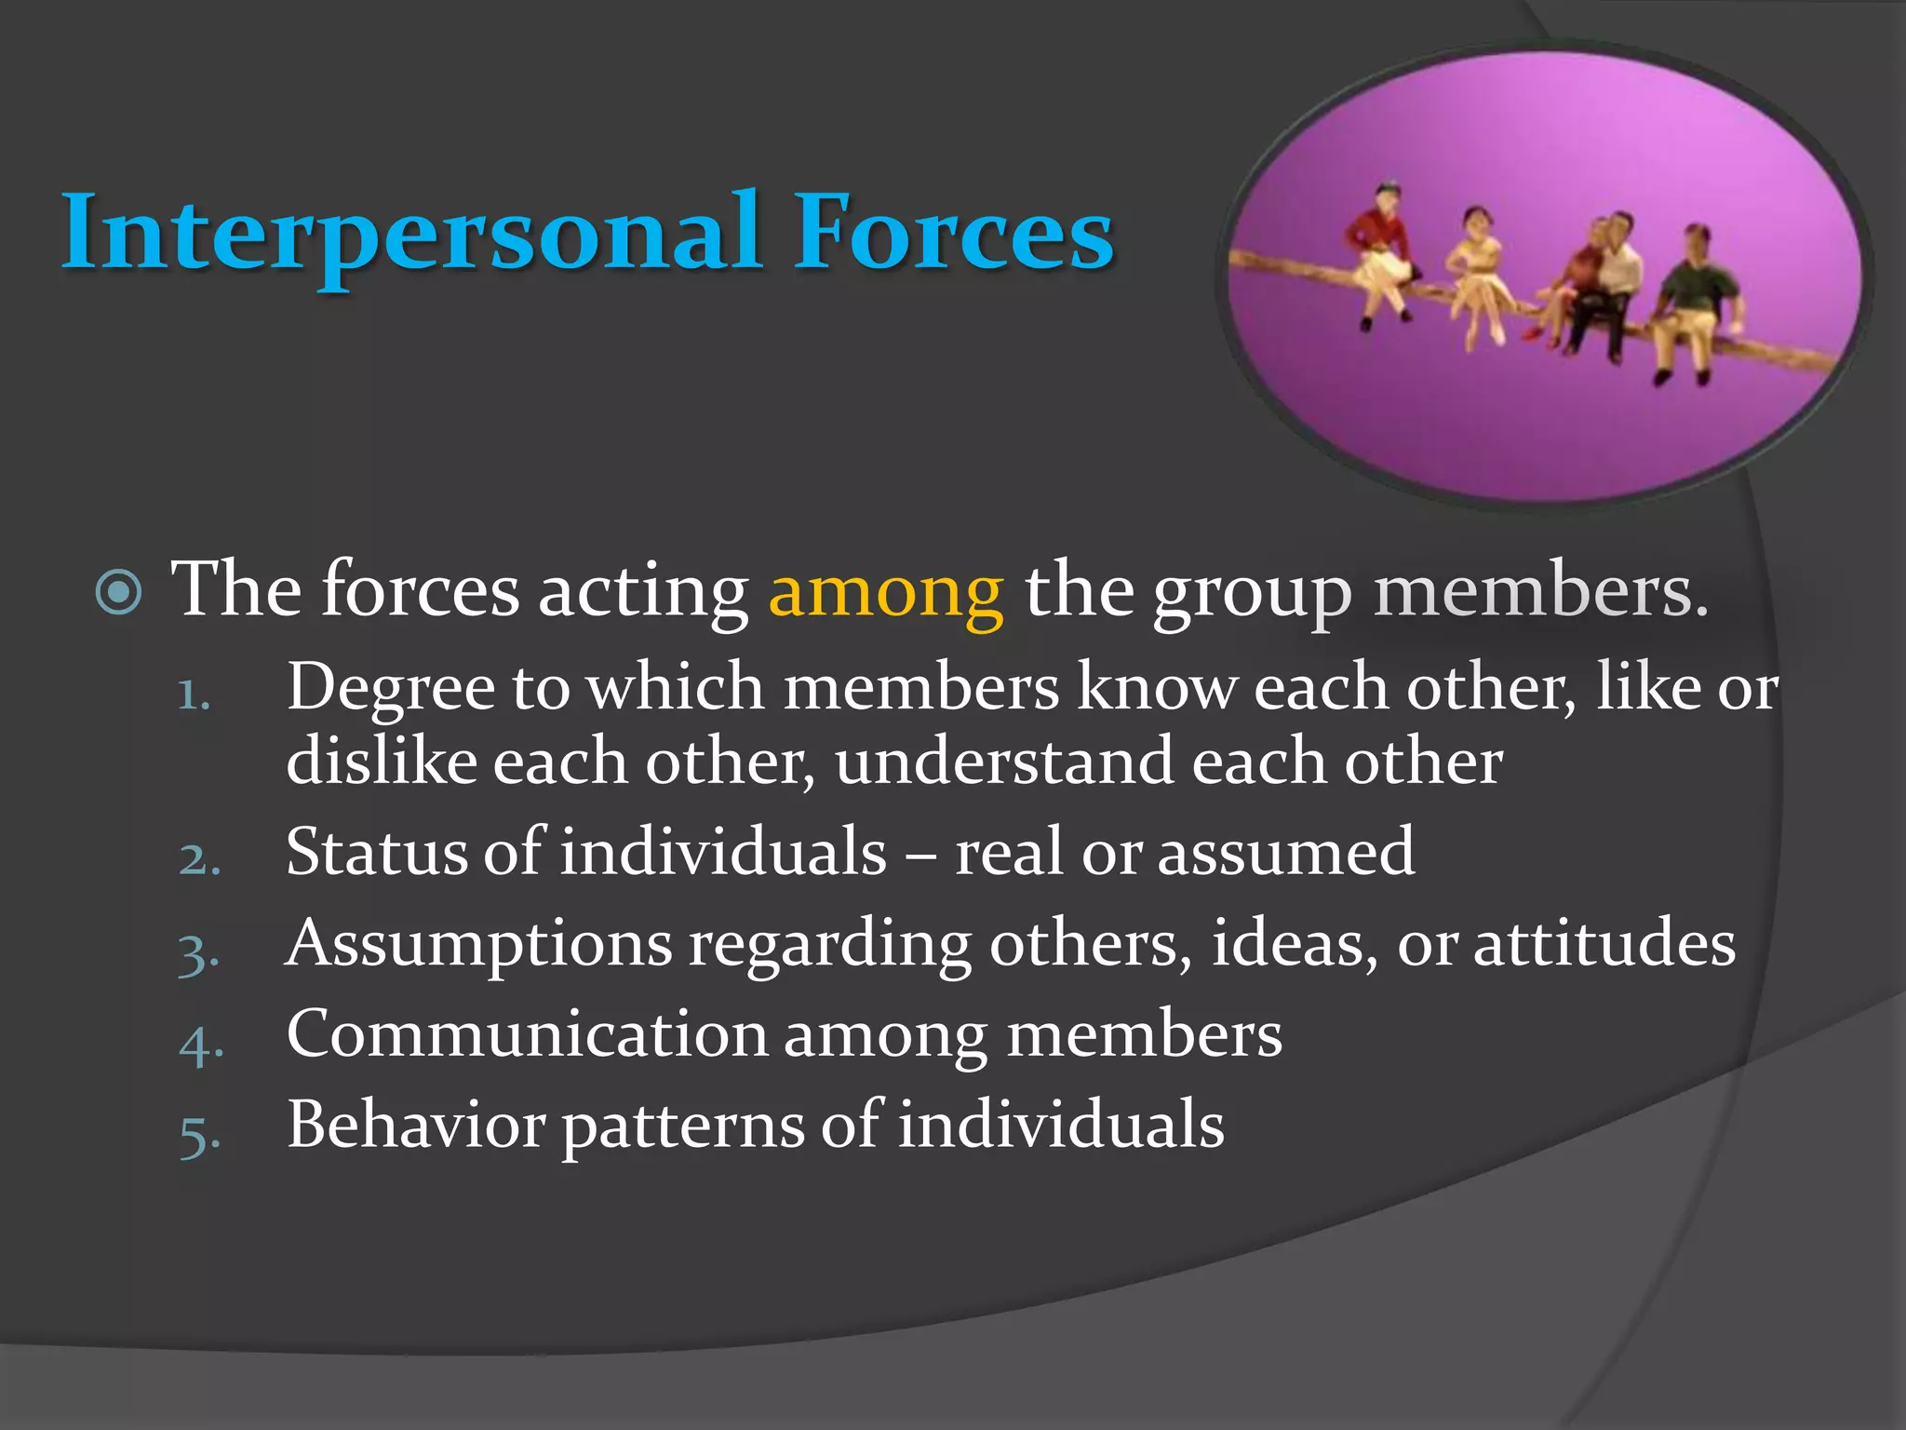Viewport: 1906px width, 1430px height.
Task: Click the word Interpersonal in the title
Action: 409,233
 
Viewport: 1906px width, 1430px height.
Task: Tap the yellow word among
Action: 886,591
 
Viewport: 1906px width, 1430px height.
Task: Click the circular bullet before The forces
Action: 119,592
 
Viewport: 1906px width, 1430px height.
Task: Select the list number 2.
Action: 199,858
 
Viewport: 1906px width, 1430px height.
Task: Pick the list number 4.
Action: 201,1044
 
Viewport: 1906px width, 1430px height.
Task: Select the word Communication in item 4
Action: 527,1034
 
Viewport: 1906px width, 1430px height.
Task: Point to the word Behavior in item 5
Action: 415,1125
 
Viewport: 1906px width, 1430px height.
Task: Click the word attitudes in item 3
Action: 1604,943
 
